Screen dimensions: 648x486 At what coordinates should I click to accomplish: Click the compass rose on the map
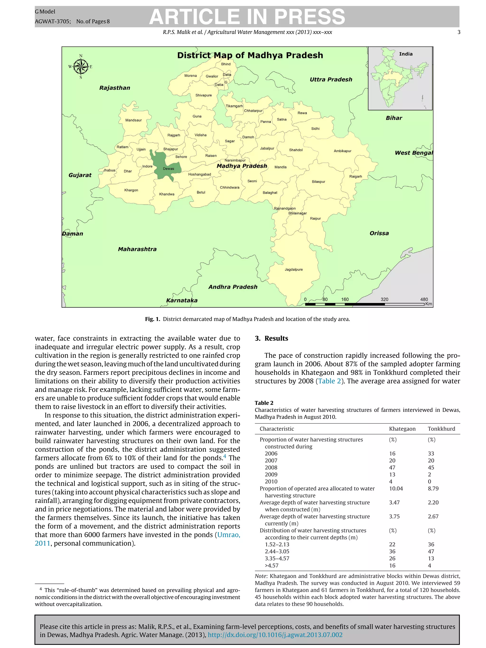point(80,66)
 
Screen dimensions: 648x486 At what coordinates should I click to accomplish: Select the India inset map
point(400,78)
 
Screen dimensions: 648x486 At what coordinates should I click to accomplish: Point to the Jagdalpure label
point(294,270)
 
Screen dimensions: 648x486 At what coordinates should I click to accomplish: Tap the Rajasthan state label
point(115,88)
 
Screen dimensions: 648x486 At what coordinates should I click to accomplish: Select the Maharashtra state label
point(137,249)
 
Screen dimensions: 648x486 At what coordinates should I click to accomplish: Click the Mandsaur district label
point(133,120)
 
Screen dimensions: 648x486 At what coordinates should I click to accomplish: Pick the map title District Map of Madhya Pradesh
point(250,55)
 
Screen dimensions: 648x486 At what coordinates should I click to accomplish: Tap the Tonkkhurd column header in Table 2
point(441,429)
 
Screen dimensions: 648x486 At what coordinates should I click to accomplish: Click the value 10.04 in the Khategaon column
point(396,488)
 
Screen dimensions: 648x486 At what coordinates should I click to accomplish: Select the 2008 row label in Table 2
point(271,467)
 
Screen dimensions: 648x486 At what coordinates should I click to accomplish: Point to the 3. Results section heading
point(271,338)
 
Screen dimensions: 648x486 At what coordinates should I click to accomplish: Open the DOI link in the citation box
point(275,635)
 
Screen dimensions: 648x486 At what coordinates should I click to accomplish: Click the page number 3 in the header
point(459,32)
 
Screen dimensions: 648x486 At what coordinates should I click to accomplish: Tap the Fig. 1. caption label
point(152,319)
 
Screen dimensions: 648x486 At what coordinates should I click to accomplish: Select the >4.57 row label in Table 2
point(271,566)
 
